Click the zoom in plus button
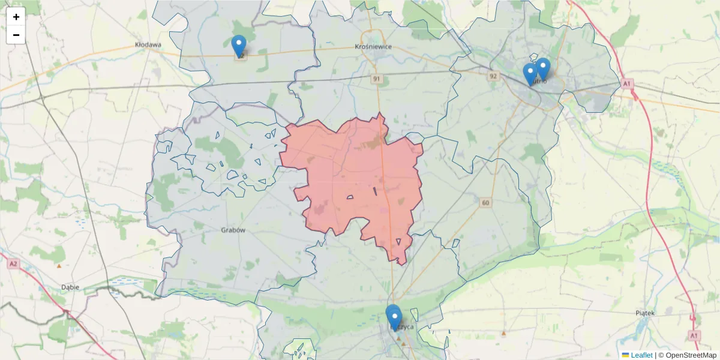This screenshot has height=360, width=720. click(16, 17)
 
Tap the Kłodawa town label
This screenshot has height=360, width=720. click(148, 44)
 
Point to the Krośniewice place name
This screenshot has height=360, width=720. click(373, 47)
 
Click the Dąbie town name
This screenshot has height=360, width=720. click(70, 287)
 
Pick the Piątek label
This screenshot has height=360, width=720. click(647, 313)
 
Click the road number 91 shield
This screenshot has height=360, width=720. click(377, 79)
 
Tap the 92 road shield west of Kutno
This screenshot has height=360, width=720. click(493, 76)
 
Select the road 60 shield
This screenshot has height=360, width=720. click(485, 203)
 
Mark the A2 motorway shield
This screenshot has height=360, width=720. click(13, 263)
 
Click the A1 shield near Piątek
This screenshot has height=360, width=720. click(694, 334)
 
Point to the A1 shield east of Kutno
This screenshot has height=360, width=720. click(628, 83)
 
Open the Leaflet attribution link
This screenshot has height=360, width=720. click(640, 355)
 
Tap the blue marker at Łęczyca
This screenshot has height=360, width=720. click(393, 317)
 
